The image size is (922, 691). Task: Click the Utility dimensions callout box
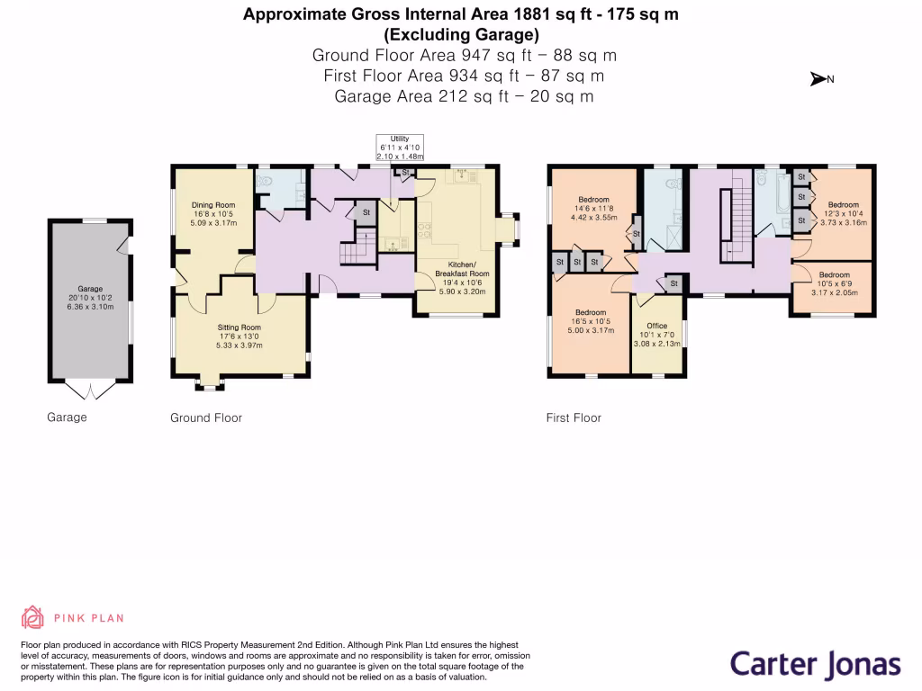[399, 147]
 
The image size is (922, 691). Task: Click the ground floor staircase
[357, 247]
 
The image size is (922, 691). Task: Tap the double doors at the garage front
[91, 389]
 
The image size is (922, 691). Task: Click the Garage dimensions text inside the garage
[91, 297]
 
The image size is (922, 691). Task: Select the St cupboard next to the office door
[672, 283]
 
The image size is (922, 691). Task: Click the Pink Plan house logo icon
[32, 617]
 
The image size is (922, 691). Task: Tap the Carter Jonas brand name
[815, 665]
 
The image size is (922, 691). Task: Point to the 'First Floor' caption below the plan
[574, 417]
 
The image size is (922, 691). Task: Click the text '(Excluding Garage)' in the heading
[461, 35]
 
